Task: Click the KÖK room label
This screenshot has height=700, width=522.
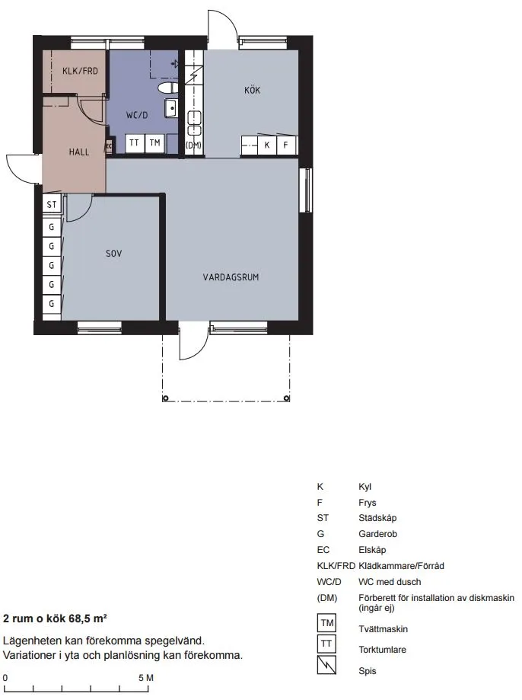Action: (x=252, y=90)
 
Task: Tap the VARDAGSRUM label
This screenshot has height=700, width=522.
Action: (x=231, y=277)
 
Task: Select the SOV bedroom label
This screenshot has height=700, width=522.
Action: (x=114, y=254)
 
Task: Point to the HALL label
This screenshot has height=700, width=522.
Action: (x=79, y=152)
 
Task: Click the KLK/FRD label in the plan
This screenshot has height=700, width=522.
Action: (x=80, y=71)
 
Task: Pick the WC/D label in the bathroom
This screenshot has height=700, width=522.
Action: (x=136, y=115)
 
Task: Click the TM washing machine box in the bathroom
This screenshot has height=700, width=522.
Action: (x=154, y=143)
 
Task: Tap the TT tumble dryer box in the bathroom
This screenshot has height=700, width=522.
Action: (x=134, y=143)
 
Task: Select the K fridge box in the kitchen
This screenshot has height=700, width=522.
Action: (x=267, y=145)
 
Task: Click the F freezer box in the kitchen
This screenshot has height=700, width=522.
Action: (x=286, y=145)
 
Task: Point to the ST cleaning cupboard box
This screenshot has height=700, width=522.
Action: (x=52, y=204)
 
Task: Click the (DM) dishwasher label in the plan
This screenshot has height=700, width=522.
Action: (x=193, y=145)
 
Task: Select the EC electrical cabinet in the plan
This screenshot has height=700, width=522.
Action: (x=108, y=146)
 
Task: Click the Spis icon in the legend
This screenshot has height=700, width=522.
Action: (x=326, y=665)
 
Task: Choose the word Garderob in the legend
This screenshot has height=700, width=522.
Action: (x=377, y=534)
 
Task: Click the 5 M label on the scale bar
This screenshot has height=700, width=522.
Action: (x=146, y=678)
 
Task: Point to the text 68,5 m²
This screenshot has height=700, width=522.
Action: (x=88, y=618)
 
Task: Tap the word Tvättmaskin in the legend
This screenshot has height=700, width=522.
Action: (x=384, y=629)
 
